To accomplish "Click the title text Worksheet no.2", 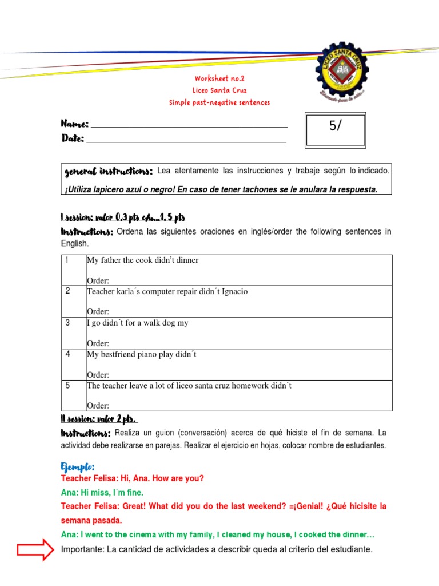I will pos(219,78).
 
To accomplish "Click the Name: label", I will pos(74,124).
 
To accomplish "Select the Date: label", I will pos(73,138).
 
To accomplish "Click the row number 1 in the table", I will pos(67,260).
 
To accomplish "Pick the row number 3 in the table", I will pos(67,323).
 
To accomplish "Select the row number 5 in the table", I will pos(67,385).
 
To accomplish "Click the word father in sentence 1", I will pos(111,260).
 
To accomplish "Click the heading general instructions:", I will pos(108,171).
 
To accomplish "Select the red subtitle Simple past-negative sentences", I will pos(219,102).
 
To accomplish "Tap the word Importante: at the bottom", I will pos(82,549).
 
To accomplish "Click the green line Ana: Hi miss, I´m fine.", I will pos(102,492).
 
